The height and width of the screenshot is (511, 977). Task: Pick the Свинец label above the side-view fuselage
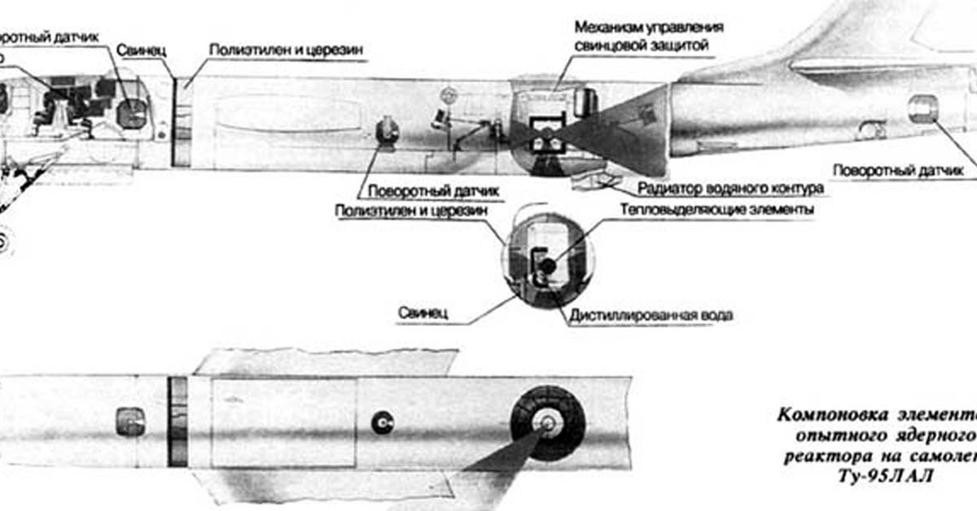tap(141, 50)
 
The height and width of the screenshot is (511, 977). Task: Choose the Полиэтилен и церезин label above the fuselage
tap(286, 50)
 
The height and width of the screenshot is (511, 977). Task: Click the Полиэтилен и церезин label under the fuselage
tap(411, 210)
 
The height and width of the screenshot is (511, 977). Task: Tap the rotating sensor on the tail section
tap(922, 109)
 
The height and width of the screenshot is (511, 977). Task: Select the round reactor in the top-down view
tap(547, 423)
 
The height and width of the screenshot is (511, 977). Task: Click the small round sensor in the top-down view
tap(382, 421)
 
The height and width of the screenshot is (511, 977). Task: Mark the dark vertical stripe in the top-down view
tap(177, 421)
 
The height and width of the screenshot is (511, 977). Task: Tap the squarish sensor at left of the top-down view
tap(130, 421)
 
